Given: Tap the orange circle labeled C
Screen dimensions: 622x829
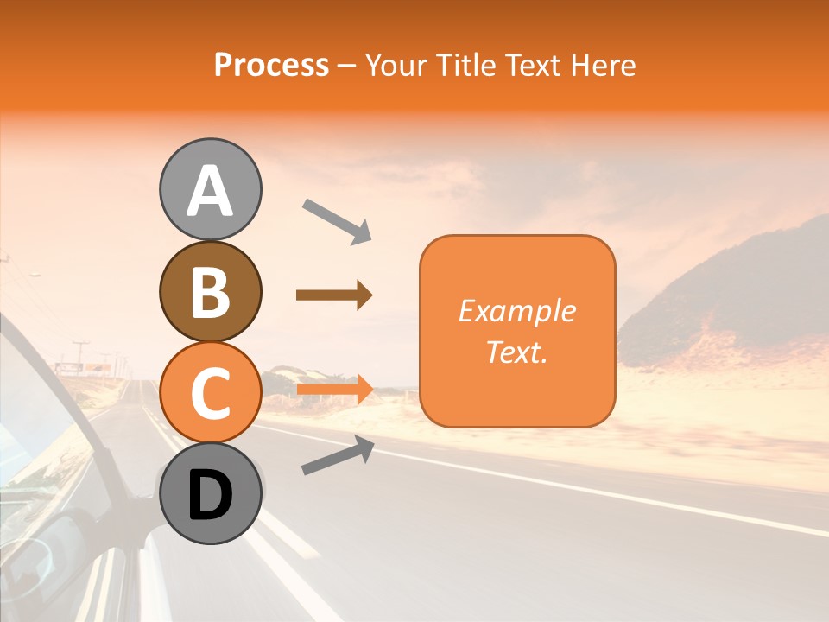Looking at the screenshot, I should (x=211, y=392).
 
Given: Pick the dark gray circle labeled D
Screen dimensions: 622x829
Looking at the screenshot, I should (x=211, y=493).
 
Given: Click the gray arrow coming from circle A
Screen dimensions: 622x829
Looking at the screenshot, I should (x=337, y=219).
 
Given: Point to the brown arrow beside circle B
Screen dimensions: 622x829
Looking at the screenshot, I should (x=333, y=295).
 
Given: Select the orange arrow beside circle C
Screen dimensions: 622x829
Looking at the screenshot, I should (x=334, y=389).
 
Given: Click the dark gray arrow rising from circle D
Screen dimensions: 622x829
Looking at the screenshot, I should (x=338, y=455).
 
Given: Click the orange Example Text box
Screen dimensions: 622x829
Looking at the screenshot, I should (x=517, y=331).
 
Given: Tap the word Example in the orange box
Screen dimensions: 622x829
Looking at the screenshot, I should (x=516, y=311).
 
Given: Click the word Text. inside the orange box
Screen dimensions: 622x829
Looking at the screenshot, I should (x=516, y=352).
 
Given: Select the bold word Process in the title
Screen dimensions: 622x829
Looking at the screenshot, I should (x=271, y=65).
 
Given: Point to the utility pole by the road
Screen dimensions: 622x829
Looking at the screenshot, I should (x=80, y=355).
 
